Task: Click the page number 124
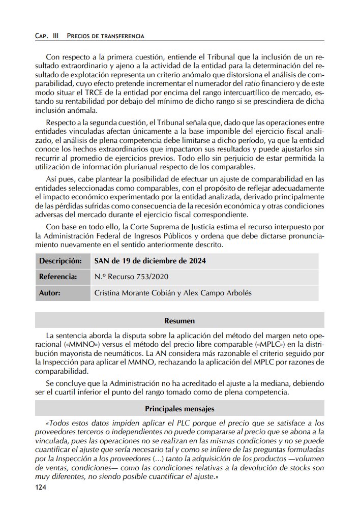point(40,488)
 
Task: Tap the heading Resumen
point(179,321)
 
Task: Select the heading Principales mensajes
point(179,408)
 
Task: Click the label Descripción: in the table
point(61,261)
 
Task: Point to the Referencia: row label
point(58,277)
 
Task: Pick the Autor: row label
point(50,293)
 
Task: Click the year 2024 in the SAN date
point(196,261)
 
